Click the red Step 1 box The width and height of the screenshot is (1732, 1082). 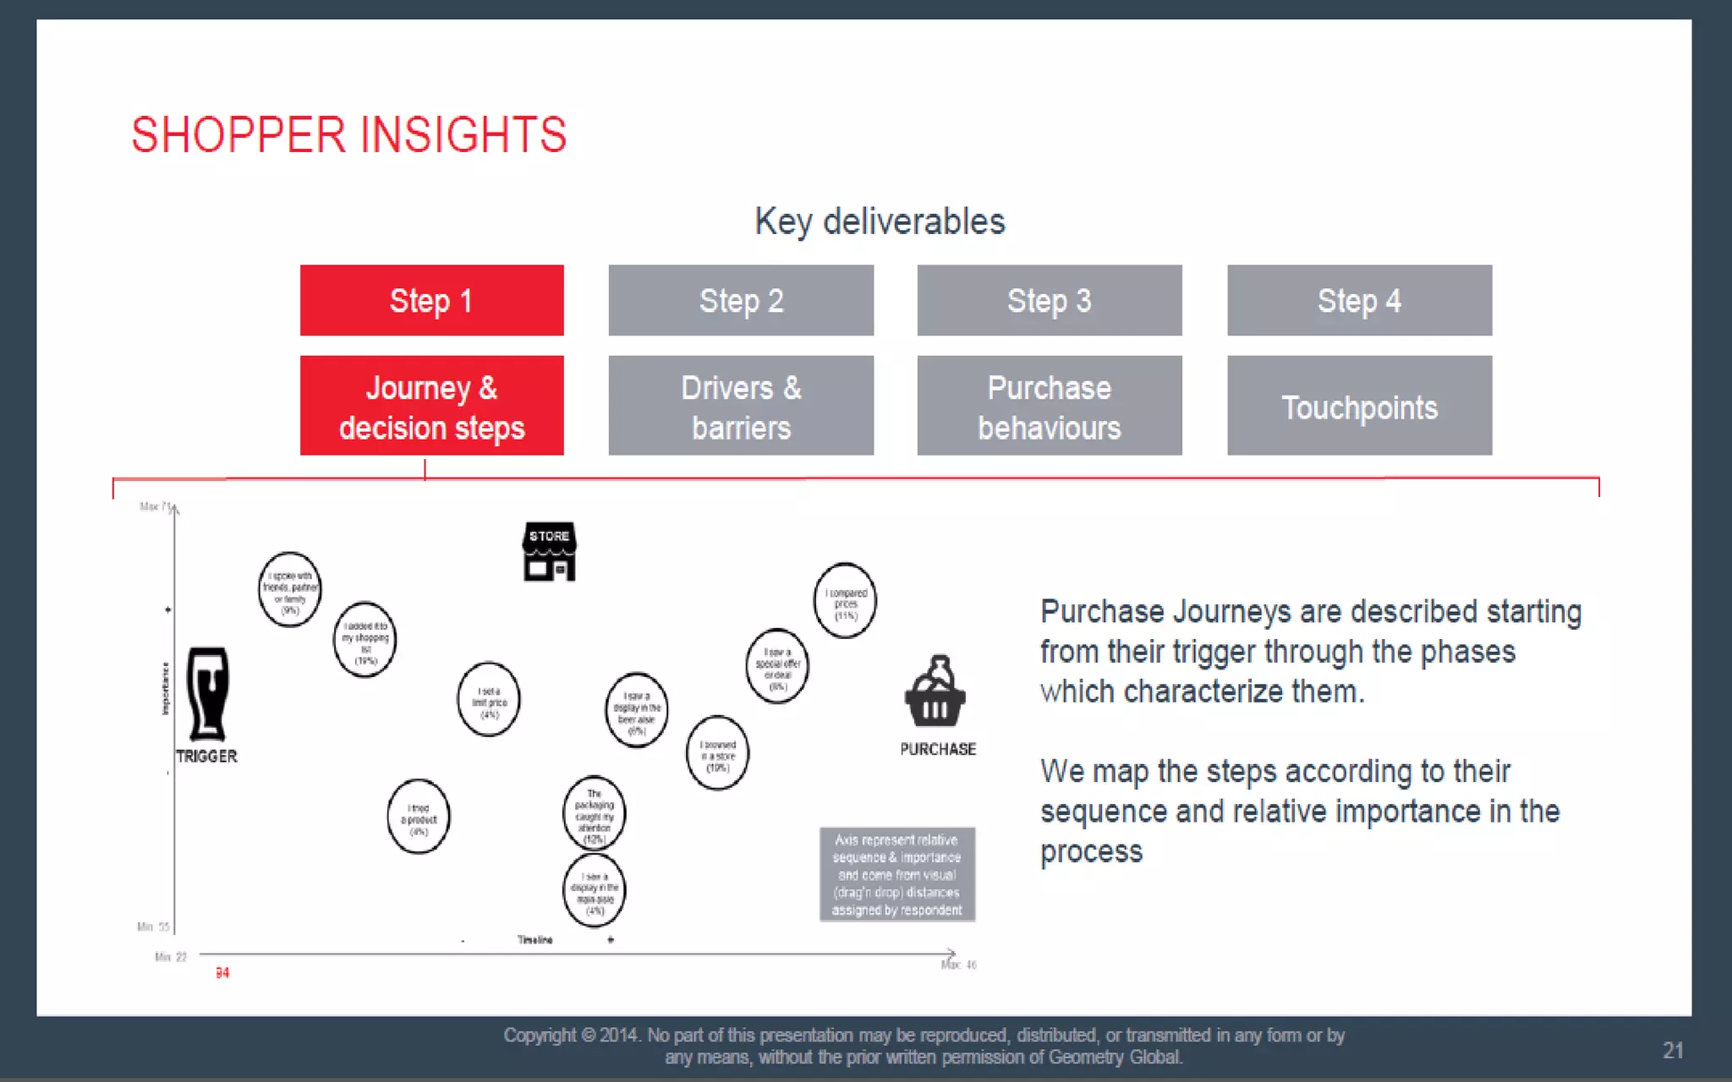pyautogui.click(x=431, y=300)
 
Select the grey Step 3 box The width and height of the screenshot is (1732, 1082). pyautogui.click(x=1049, y=300)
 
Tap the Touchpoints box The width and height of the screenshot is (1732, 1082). pyautogui.click(x=1359, y=406)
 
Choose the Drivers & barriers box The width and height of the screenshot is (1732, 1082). pyautogui.click(x=741, y=406)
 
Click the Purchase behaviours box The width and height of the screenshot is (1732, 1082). pyautogui.click(x=1049, y=406)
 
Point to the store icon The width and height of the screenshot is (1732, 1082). pyautogui.click(x=549, y=551)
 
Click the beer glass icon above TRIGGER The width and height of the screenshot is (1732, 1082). pyautogui.click(x=207, y=694)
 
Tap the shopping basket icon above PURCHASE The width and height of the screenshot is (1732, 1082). pyautogui.click(x=935, y=692)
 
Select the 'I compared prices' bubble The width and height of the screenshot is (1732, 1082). pyautogui.click(x=845, y=600)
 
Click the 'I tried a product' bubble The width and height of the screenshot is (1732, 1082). pyautogui.click(x=419, y=817)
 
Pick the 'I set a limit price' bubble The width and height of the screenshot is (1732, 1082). pyautogui.click(x=489, y=700)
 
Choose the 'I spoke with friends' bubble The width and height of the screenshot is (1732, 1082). pyautogui.click(x=290, y=589)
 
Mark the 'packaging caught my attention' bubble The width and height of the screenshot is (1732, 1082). pyautogui.click(x=594, y=813)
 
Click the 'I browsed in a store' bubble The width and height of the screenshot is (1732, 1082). pyautogui.click(x=717, y=752)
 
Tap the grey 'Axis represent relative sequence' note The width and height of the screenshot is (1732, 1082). pyautogui.click(x=896, y=874)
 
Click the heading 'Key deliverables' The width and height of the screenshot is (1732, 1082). pyautogui.click(x=880, y=221)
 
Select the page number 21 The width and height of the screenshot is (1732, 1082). pyautogui.click(x=1673, y=1050)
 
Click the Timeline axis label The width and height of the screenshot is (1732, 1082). pyautogui.click(x=534, y=940)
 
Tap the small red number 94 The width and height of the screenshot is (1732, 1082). pyautogui.click(x=222, y=973)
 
